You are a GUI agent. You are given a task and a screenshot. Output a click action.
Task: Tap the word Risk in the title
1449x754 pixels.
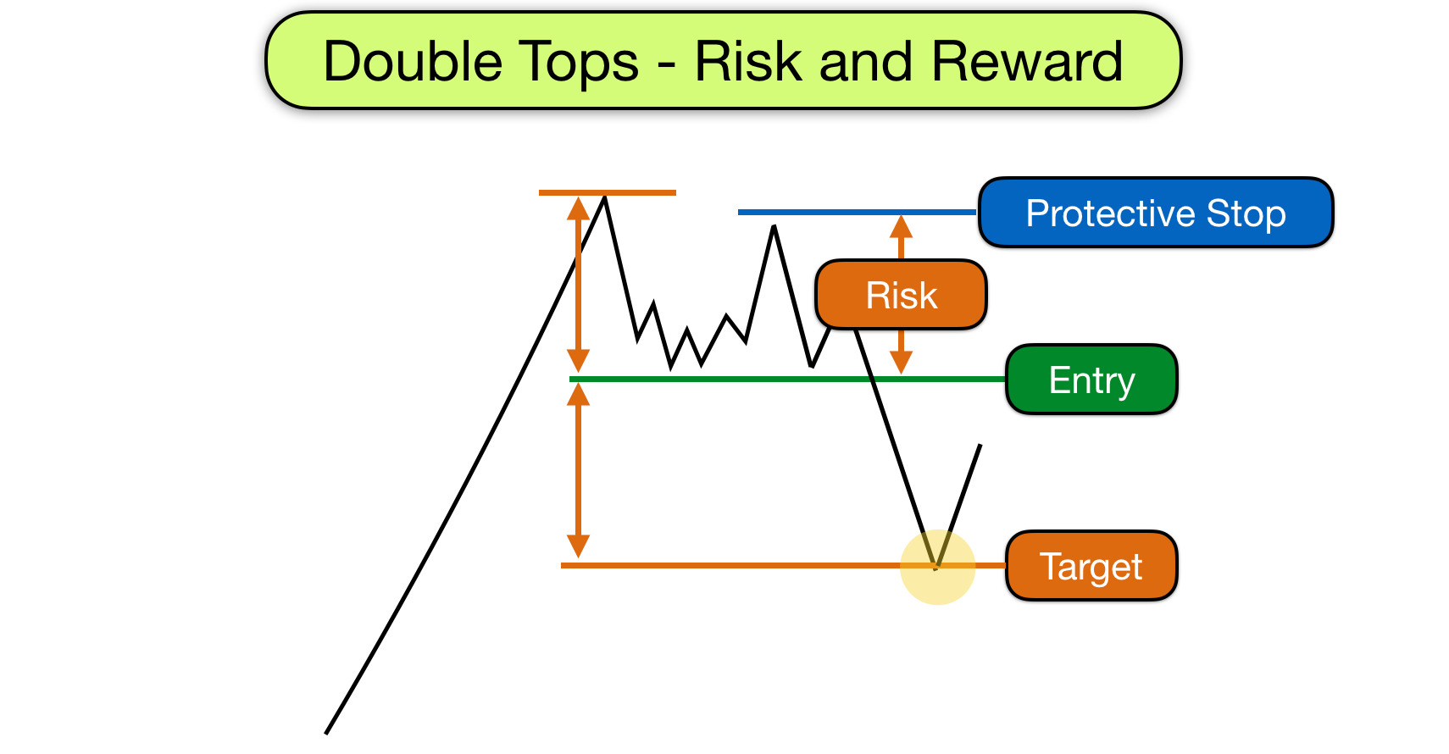coord(747,63)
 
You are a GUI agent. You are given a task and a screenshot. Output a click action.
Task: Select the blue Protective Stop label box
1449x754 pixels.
coord(1156,213)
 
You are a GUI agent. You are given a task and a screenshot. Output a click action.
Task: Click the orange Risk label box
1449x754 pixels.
coord(901,295)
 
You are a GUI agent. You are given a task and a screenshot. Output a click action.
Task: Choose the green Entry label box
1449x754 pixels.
coord(1091,380)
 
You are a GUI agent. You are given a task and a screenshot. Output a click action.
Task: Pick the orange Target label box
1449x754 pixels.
coord(1091,566)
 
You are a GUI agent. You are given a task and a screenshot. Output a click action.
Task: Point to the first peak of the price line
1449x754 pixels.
coord(604,198)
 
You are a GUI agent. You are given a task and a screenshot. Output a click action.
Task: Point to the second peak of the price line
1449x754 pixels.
coord(774,227)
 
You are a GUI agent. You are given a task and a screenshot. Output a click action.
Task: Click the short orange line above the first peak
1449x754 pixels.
coord(608,193)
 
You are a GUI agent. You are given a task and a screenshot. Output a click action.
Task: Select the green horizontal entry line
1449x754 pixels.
coord(763,379)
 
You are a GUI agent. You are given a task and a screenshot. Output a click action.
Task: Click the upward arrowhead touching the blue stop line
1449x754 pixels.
coord(901,225)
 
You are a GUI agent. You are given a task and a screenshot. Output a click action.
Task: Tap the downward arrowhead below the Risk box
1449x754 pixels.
coord(901,363)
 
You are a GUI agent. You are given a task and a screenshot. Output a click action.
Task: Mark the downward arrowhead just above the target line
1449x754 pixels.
coord(578,546)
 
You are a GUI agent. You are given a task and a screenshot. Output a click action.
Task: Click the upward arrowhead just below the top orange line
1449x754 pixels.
coord(578,208)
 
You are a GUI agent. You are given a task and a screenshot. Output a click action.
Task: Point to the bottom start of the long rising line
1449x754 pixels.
coord(326,733)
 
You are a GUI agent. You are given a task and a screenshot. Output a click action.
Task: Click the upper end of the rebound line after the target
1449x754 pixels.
coord(980,446)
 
